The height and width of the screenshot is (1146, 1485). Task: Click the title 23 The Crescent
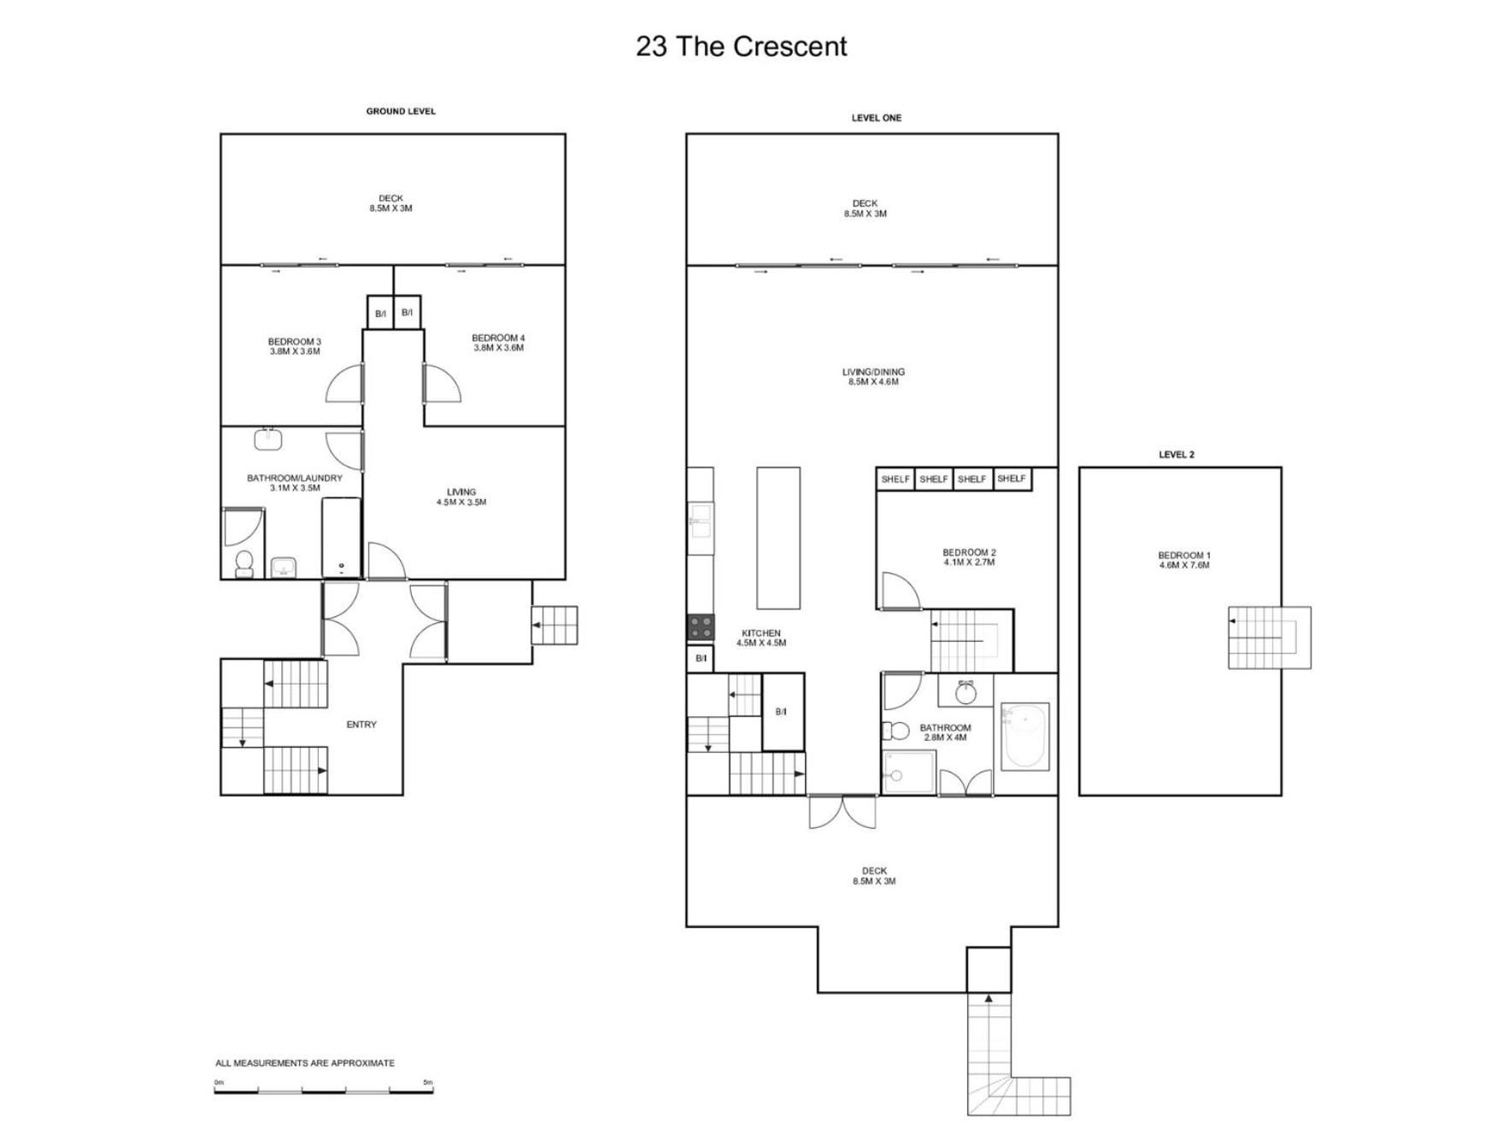741,46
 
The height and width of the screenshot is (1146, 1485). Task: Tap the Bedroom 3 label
295,346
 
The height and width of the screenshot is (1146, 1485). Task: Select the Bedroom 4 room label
498,343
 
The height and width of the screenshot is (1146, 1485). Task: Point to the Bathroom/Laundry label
295,483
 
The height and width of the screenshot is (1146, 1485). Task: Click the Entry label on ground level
361,725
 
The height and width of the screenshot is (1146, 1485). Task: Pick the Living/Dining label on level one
873,377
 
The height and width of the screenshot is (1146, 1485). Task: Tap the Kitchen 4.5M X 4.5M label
761,638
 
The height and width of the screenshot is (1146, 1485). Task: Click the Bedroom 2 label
969,557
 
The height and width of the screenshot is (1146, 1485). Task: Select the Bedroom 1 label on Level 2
1184,560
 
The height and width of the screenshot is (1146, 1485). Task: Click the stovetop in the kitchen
701,627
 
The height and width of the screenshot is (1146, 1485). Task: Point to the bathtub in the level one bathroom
1024,737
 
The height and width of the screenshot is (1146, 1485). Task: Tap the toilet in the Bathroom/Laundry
244,563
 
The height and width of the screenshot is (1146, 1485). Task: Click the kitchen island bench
778,538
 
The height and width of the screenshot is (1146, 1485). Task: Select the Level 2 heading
1177,455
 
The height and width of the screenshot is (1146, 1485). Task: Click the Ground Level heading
401,111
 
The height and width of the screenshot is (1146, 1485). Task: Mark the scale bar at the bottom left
324,1090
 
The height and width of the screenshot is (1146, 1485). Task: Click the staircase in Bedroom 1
1270,638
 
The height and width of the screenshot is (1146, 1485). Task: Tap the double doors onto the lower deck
842,811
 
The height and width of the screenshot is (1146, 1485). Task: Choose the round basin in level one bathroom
966,692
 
